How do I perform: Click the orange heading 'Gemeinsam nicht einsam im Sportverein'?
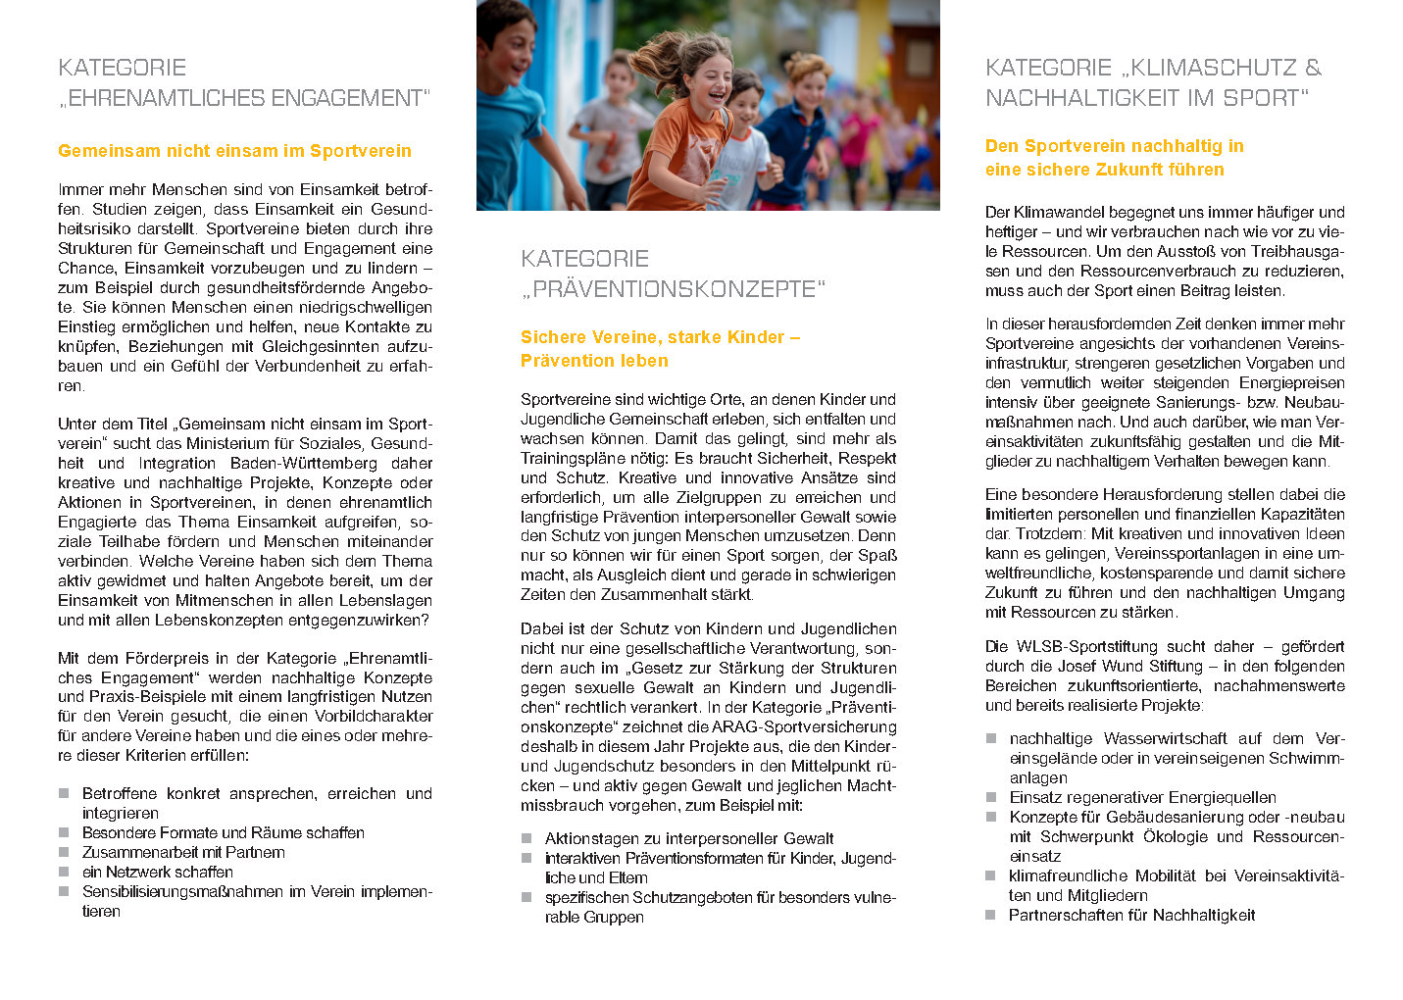(x=234, y=151)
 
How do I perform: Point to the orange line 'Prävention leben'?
(x=594, y=361)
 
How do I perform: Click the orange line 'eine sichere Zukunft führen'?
(x=1104, y=170)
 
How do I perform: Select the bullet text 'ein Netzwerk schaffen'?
(x=158, y=872)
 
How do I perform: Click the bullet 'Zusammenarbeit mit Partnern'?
(x=183, y=852)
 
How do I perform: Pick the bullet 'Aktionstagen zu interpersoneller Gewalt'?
(x=689, y=838)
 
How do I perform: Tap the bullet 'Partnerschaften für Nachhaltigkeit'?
(x=1131, y=915)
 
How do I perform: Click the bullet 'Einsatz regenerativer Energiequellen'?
(x=1142, y=797)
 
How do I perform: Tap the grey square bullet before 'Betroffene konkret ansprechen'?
(x=64, y=793)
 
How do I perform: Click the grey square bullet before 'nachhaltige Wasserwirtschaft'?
(x=991, y=738)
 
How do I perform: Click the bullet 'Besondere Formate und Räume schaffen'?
(x=224, y=832)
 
